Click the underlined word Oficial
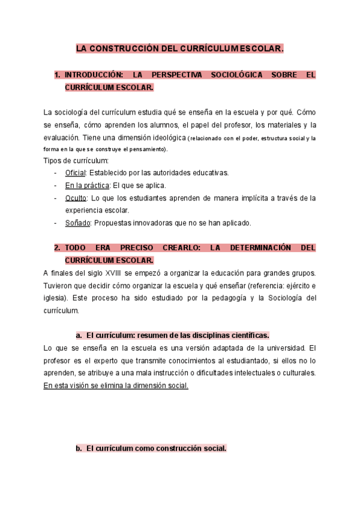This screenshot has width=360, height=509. (x=76, y=173)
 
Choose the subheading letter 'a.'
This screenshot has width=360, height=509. (x=79, y=335)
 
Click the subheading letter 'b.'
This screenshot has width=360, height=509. (x=79, y=448)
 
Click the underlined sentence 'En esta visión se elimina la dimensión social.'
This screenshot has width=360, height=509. (x=116, y=386)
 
